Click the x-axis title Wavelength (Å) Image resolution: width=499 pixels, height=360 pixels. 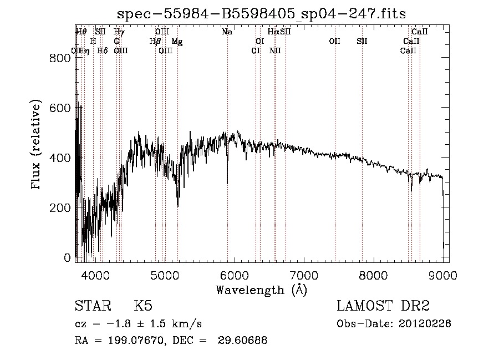tap(261, 290)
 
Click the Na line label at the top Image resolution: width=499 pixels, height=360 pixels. tap(227, 32)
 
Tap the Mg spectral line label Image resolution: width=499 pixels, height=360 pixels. tap(177, 42)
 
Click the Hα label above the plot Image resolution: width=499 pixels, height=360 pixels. tap(273, 32)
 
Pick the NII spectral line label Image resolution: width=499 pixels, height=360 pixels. tap(275, 51)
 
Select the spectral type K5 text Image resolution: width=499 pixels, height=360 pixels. tap(143, 306)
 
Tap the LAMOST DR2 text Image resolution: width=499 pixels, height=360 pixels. tap(383, 306)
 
